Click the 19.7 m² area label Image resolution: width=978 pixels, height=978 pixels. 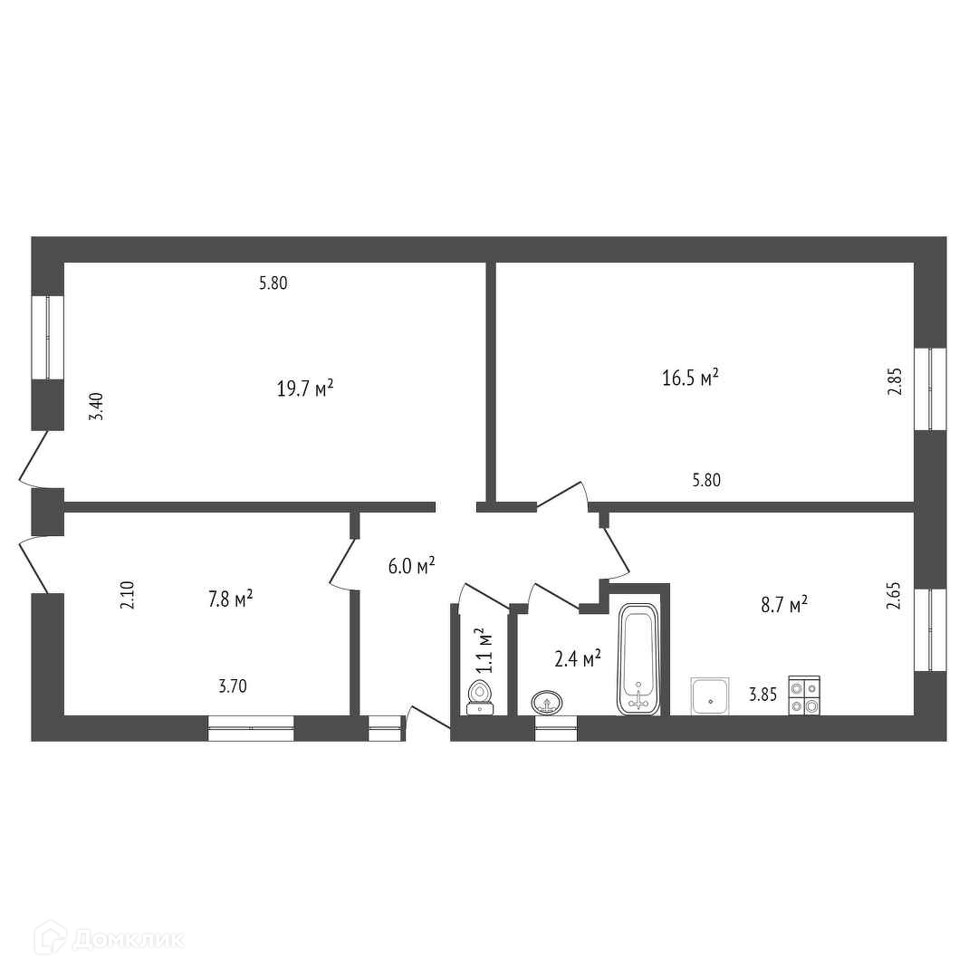tap(305, 388)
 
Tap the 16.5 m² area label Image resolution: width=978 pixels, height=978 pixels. tap(690, 378)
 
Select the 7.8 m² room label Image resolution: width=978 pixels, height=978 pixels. tap(230, 599)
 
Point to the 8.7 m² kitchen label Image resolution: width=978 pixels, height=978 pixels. tap(784, 604)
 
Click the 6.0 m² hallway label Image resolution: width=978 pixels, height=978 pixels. tap(412, 566)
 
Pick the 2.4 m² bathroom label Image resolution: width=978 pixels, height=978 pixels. tap(578, 658)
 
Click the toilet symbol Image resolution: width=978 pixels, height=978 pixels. tap(480, 698)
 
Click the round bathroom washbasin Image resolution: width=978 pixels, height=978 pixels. tap(547, 703)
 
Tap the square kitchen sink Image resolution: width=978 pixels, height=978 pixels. tap(710, 696)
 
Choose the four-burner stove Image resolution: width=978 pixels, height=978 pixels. tap(804, 695)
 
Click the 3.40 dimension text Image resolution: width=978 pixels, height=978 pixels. tap(96, 407)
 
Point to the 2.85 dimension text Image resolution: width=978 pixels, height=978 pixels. tap(895, 382)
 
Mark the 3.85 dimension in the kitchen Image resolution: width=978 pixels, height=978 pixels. tap(762, 695)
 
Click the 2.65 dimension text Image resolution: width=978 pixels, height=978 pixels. tap(894, 595)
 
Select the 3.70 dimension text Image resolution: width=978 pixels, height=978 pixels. tap(233, 686)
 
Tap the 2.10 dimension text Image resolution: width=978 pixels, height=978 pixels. tap(128, 595)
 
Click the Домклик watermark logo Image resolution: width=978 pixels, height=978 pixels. tap(110, 938)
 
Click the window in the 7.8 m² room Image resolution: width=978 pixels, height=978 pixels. tap(251, 728)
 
